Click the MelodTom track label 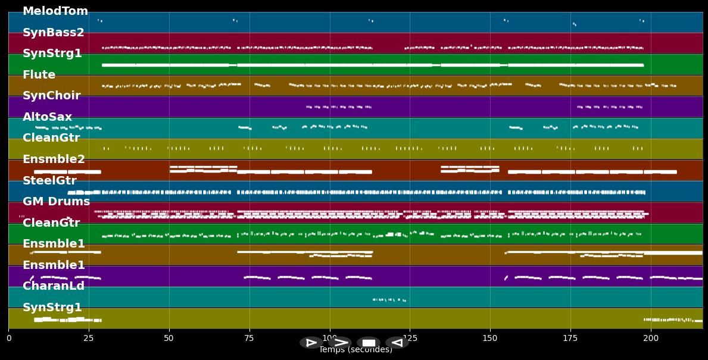[55, 11]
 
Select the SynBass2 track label [53, 33]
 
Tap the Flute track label [39, 75]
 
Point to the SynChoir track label [51, 96]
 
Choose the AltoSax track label [47, 117]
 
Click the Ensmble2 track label [54, 159]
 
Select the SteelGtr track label [49, 181]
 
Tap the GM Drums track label [56, 202]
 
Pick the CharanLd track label [53, 286]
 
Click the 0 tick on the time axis [8, 338]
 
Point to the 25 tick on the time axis [89, 338]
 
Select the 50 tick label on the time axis [169, 338]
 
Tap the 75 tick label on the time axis [249, 338]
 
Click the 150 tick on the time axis [490, 338]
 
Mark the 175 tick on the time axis [570, 338]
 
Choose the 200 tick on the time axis [651, 338]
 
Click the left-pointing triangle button [397, 343]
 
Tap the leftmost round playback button [311, 343]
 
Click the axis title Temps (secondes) [355, 350]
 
